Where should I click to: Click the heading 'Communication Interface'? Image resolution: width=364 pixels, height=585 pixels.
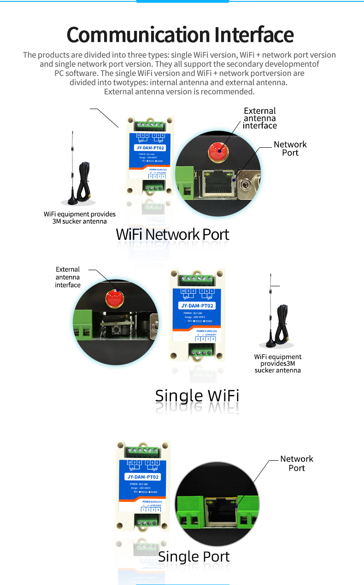coord(180,35)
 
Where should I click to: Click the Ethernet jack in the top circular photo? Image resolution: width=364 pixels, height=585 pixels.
coord(216,183)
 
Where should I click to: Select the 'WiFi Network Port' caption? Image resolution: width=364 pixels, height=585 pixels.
coord(172,234)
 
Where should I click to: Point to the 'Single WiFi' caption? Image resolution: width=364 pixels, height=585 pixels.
coord(197,395)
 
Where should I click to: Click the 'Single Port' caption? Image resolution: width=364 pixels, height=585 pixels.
coord(194,556)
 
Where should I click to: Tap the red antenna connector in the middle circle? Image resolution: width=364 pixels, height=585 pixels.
coord(114,298)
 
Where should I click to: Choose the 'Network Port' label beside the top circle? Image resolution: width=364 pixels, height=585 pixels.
coord(290,148)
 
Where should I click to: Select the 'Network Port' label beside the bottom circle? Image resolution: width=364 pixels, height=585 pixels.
coord(296,463)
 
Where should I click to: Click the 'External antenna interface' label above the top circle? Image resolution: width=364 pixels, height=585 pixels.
coord(260,118)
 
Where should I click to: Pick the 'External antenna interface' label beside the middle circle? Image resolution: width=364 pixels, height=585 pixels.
coord(68,277)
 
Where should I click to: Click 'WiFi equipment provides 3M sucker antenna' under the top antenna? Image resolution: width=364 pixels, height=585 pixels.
coord(80,218)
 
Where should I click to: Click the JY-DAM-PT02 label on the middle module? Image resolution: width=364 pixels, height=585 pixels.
coord(198,306)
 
